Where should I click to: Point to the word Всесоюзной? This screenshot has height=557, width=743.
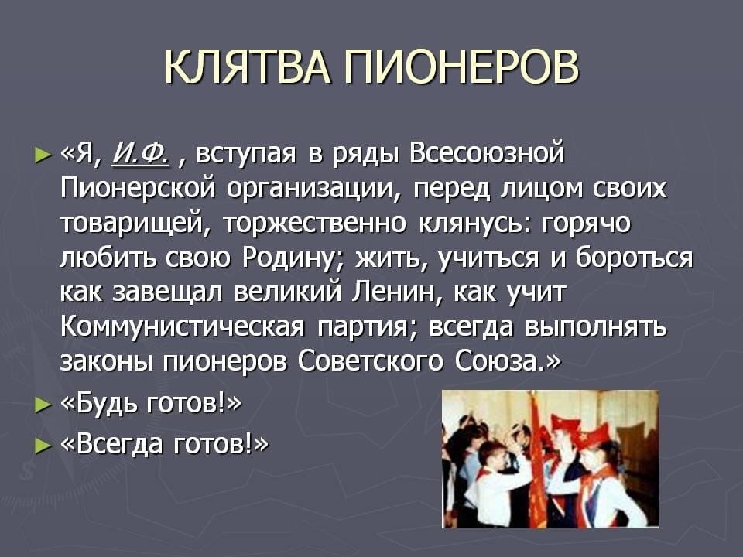pyautogui.click(x=487, y=153)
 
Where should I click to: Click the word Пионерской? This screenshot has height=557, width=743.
pyautogui.click(x=139, y=188)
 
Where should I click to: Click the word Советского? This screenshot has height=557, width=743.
pyautogui.click(x=370, y=361)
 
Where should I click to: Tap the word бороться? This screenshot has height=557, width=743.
pyautogui.click(x=635, y=258)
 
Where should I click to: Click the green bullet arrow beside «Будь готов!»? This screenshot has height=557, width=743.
pyautogui.click(x=42, y=405)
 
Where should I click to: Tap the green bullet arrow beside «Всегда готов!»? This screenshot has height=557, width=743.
pyautogui.click(x=42, y=446)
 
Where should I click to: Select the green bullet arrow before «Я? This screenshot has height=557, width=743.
pyautogui.click(x=42, y=155)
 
